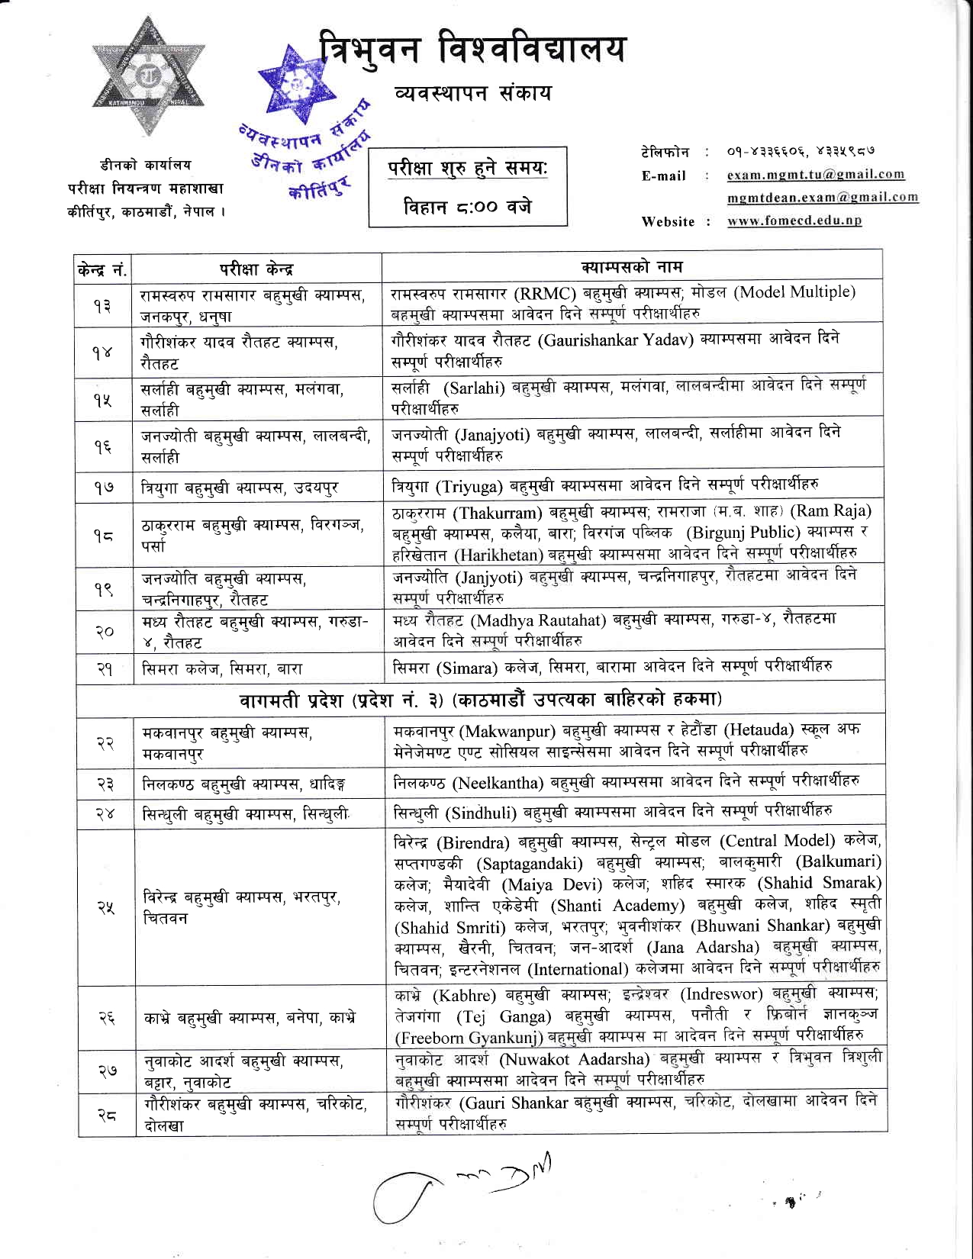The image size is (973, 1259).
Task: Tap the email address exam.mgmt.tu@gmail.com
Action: [x=815, y=175]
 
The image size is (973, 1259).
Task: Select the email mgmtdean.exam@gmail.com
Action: [x=822, y=197]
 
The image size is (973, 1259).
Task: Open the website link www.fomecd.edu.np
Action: [x=794, y=221]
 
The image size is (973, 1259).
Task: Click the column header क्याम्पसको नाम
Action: [x=631, y=266]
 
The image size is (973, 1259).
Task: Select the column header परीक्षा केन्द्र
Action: [x=256, y=269]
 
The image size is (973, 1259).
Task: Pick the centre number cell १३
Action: [x=102, y=305]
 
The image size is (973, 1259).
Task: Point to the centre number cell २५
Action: [x=105, y=907]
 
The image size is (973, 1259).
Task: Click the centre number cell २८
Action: [x=106, y=1115]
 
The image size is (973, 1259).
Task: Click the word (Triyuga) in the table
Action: [x=469, y=486]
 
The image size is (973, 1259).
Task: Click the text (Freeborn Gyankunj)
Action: [x=469, y=1038]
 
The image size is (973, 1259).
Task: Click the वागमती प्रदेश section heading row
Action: [x=481, y=699]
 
